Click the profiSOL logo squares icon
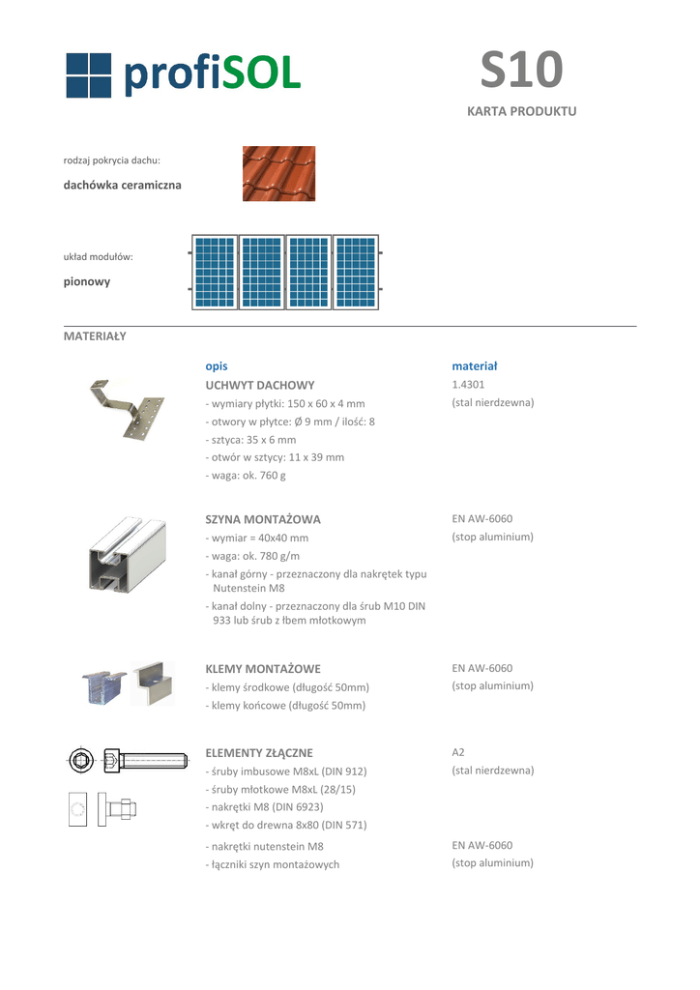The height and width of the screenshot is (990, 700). [x=90, y=74]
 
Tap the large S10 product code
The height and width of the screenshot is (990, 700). [x=521, y=70]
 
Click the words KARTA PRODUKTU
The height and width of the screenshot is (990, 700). [x=521, y=111]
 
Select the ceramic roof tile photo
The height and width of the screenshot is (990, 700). [x=278, y=173]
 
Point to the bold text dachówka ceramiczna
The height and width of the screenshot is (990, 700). [x=122, y=185]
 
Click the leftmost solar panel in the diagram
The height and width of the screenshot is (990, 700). [x=214, y=273]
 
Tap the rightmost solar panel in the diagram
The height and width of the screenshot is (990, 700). [x=356, y=273]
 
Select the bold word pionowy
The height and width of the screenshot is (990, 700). [x=87, y=282]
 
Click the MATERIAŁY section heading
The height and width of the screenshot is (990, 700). [x=95, y=336]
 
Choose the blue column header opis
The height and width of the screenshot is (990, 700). [x=217, y=366]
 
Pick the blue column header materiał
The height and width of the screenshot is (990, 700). [x=474, y=366]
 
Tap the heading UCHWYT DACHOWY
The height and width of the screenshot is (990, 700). [x=260, y=385]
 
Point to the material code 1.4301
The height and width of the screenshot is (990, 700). [x=469, y=385]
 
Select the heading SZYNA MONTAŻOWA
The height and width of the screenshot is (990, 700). [x=263, y=519]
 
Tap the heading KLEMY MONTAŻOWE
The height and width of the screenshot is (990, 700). [x=263, y=669]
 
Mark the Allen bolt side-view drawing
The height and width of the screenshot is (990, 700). [x=145, y=761]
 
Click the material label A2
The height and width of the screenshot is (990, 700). [x=458, y=752]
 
